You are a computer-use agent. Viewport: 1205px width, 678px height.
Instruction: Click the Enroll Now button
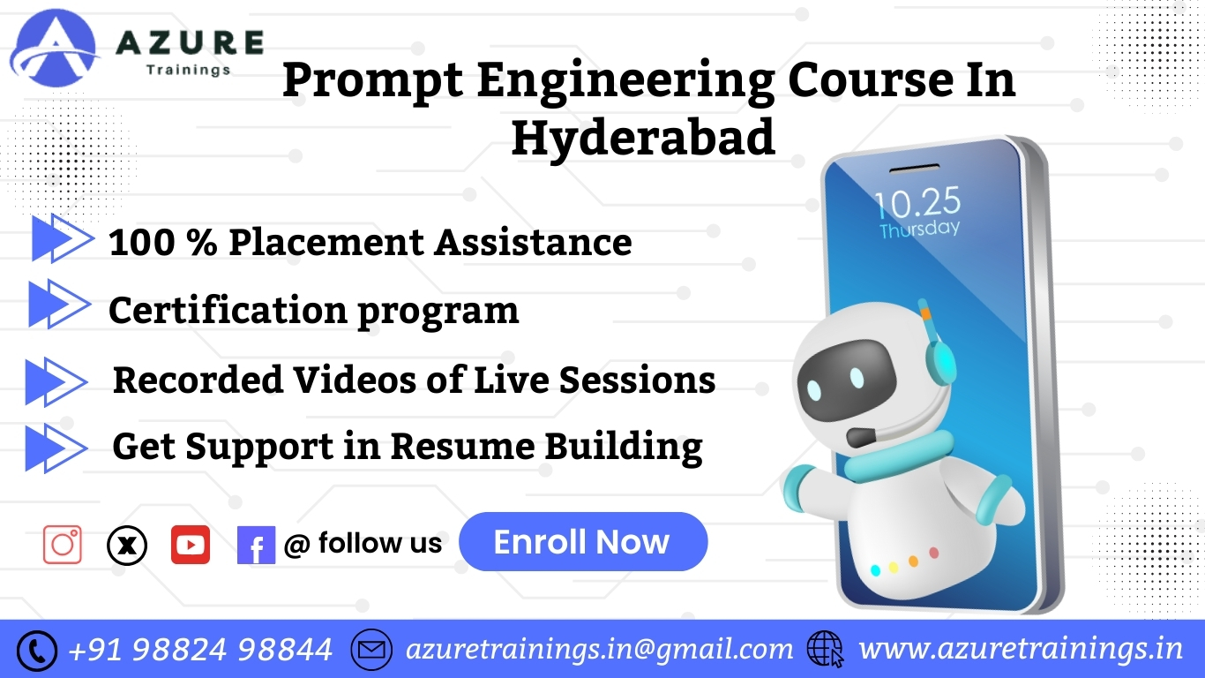(583, 542)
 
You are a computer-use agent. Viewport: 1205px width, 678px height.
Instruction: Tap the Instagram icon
(63, 545)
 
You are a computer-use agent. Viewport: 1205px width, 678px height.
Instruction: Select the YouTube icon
(191, 545)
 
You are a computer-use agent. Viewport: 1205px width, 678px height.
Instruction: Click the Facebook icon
(256, 545)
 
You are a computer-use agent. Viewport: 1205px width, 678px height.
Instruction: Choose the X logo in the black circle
(127, 546)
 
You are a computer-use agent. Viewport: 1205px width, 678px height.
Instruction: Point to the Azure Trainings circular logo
(54, 49)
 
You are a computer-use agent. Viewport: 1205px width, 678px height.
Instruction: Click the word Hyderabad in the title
(643, 138)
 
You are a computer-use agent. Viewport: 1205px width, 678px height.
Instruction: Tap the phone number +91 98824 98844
(200, 650)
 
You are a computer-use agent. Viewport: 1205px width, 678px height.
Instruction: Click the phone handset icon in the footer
(36, 651)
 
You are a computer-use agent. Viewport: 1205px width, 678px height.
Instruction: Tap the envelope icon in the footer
(371, 650)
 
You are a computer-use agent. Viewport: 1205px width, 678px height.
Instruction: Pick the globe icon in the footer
(825, 649)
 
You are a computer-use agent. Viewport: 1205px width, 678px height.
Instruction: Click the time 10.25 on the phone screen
(917, 202)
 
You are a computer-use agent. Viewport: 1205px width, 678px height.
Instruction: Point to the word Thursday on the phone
(919, 230)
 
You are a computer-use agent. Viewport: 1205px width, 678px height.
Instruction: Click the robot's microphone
(861, 437)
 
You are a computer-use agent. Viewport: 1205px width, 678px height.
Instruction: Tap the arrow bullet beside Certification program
(59, 304)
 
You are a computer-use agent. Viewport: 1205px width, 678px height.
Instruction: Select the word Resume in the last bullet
(462, 447)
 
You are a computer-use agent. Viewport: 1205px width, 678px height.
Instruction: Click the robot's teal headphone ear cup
(940, 358)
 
